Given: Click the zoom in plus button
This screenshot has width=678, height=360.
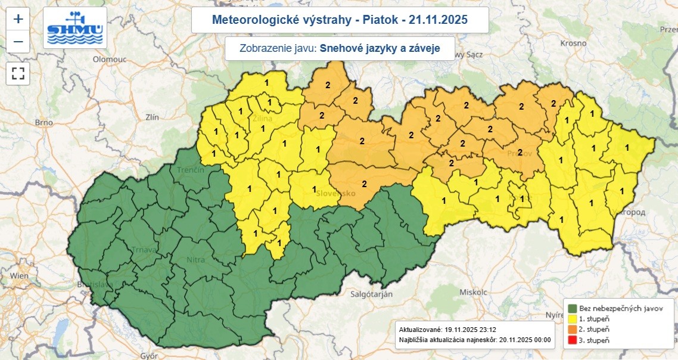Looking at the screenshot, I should [18, 18].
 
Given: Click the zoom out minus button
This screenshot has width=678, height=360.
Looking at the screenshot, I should [18, 42].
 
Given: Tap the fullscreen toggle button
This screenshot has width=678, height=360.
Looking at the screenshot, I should [18, 74].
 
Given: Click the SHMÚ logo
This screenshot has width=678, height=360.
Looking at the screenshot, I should [75, 28].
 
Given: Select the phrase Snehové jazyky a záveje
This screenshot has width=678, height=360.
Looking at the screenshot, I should [380, 48].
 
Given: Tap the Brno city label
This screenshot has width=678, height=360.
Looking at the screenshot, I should [44, 122].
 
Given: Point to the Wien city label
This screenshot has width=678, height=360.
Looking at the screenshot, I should [19, 275].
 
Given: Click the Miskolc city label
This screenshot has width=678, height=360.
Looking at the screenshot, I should [474, 292].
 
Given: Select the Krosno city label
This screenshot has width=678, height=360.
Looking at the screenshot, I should [573, 44].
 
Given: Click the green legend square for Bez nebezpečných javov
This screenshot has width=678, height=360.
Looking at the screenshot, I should [573, 309].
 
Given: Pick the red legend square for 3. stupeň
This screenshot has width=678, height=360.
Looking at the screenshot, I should [573, 340].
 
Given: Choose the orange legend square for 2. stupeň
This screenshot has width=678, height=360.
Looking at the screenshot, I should [573, 330].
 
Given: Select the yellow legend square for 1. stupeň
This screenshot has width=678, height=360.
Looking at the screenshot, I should [573, 319].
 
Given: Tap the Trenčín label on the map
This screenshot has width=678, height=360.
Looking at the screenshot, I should [191, 170].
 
